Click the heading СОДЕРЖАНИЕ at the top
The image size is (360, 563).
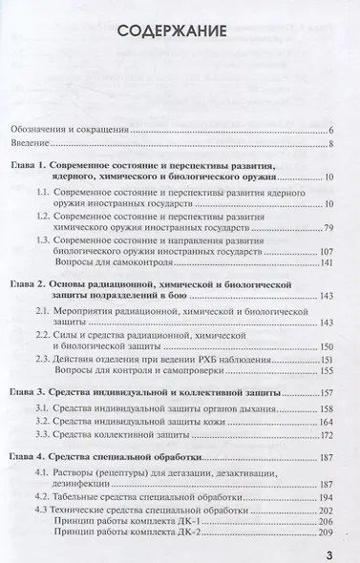(180, 34)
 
